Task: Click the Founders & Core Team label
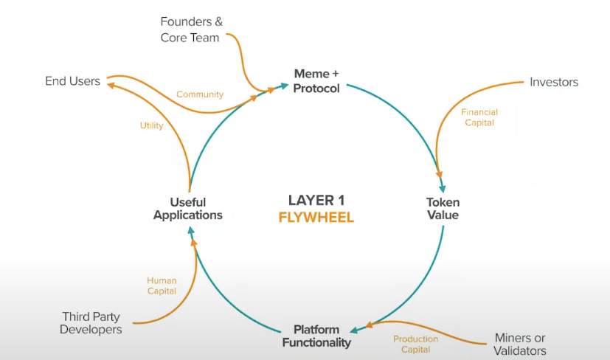click(x=190, y=30)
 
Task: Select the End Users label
click(x=72, y=81)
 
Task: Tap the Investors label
click(x=554, y=82)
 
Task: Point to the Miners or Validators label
click(x=520, y=344)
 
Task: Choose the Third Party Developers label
click(x=91, y=323)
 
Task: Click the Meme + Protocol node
click(x=316, y=81)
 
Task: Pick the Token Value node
click(x=443, y=208)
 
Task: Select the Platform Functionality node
click(x=316, y=336)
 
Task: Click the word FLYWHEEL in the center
click(x=316, y=218)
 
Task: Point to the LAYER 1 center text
click(x=316, y=200)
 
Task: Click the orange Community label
click(x=199, y=94)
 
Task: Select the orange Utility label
click(x=151, y=126)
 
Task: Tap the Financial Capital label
click(x=479, y=117)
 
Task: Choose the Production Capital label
click(x=415, y=344)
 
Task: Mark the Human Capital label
click(x=162, y=285)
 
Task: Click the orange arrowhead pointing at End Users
click(x=111, y=84)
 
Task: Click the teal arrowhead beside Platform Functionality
click(x=355, y=330)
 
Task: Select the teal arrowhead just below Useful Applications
click(x=190, y=231)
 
